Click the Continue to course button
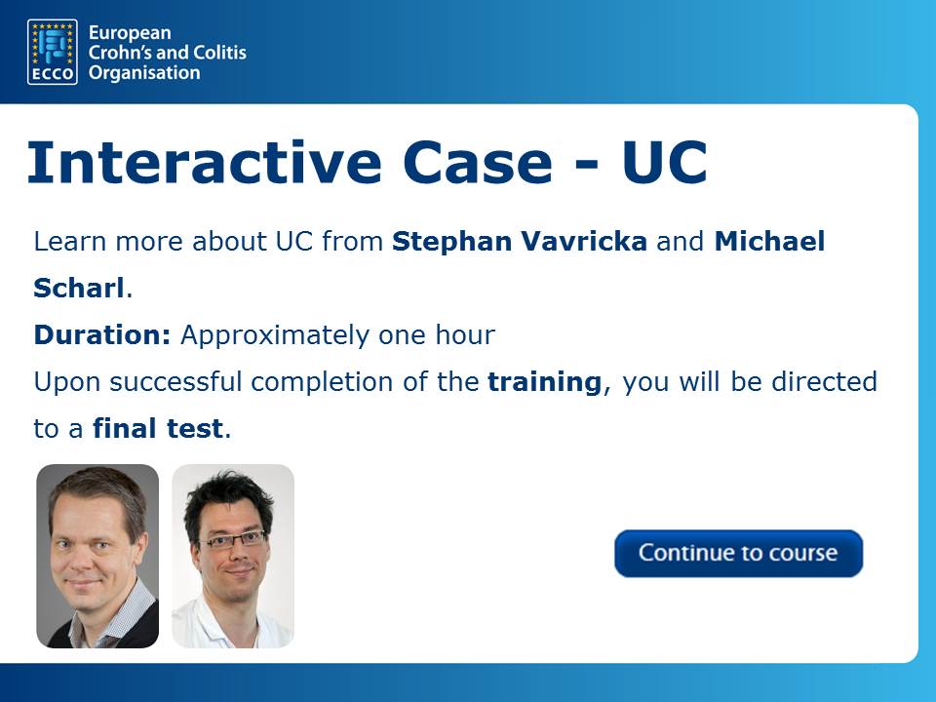[738, 554]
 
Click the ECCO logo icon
[53, 52]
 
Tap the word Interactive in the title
[204, 163]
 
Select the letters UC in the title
[664, 163]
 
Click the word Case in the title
[478, 163]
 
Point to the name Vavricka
[584, 241]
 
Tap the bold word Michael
[769, 241]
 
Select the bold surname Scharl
[79, 288]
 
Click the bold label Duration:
[102, 334]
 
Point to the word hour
[465, 334]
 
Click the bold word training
[544, 382]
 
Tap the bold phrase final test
[158, 429]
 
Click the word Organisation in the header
[144, 73]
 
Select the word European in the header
[130, 33]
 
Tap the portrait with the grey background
[97, 556]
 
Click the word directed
[824, 381]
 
